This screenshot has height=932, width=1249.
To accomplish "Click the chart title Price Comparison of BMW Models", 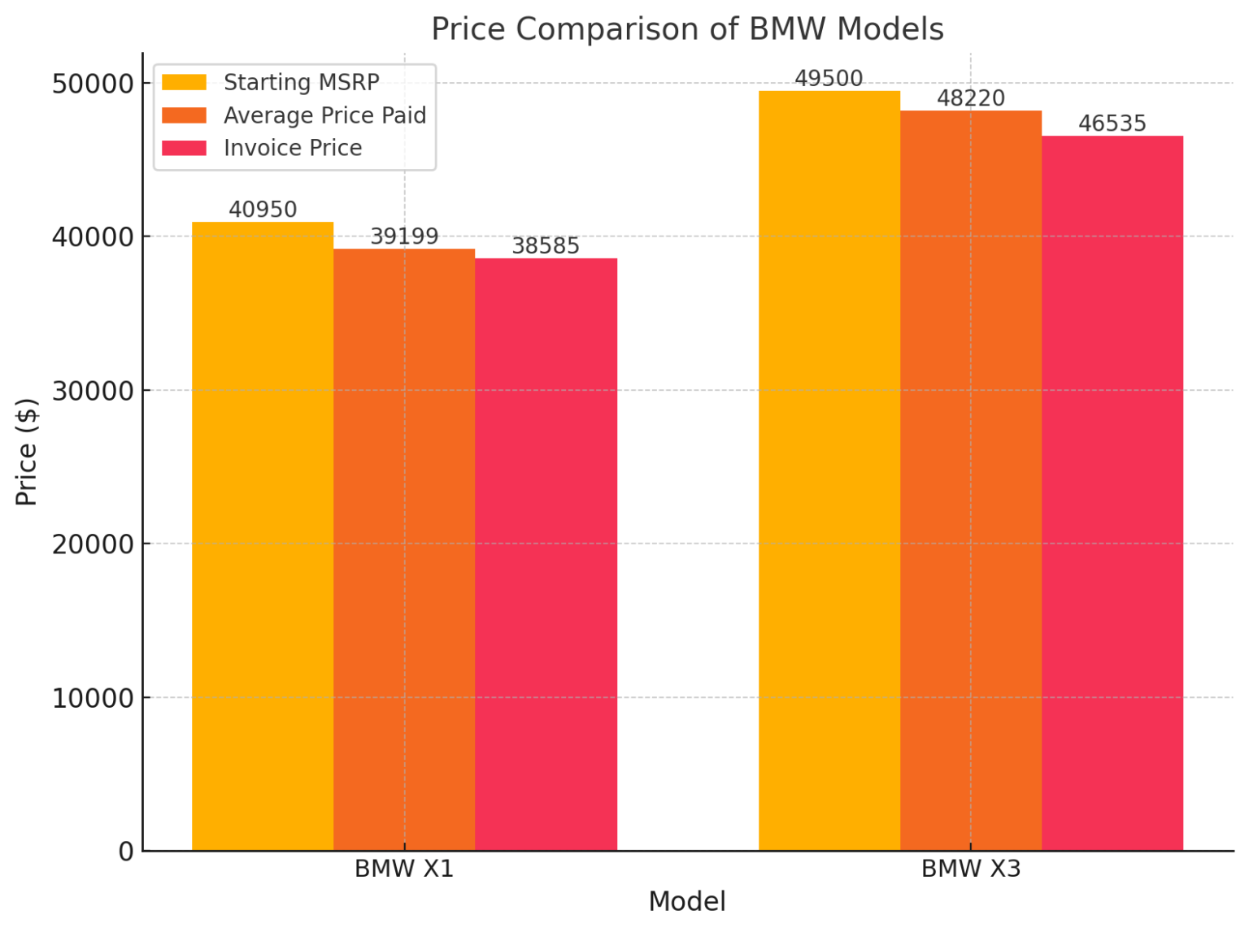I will [687, 29].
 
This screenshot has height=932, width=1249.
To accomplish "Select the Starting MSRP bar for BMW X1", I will [263, 536].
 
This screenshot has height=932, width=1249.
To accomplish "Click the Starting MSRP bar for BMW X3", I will [829, 470].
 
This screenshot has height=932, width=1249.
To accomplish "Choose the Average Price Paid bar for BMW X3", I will [971, 480].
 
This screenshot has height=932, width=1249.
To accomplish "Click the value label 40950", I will [263, 210].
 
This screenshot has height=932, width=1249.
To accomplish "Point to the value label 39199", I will [404, 236].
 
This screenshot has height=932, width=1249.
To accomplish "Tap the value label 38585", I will [546, 246].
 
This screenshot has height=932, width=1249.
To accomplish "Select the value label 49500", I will [829, 79].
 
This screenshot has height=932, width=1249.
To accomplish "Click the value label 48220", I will [971, 98].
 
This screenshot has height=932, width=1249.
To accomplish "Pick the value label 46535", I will [1112, 124].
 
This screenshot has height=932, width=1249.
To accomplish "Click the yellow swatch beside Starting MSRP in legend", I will [184, 83].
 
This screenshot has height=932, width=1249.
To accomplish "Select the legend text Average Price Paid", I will [324, 115].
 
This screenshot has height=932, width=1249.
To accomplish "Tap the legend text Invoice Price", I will [293, 148].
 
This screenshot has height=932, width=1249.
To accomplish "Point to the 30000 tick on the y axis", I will [93, 391].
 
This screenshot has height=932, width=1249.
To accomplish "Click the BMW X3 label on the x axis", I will [971, 869].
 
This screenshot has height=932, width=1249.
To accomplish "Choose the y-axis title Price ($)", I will [27, 452].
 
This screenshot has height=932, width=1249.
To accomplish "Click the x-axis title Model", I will [687, 902].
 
